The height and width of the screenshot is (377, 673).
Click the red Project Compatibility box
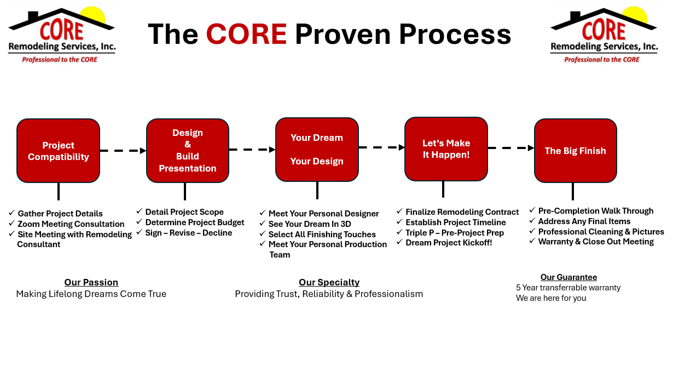tap(58, 151)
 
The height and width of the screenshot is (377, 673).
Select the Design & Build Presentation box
tap(188, 151)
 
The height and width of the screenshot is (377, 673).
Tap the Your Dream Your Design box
tap(317, 150)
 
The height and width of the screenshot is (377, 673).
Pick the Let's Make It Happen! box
tap(446, 148)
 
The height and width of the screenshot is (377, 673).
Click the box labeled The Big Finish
tap(575, 151)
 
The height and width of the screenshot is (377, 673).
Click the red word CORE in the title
tap(246, 34)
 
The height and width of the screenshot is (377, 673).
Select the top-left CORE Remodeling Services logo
tap(61, 35)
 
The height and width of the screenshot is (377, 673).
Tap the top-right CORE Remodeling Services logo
tap(604, 35)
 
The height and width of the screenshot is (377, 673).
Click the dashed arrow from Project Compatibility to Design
tap(123, 151)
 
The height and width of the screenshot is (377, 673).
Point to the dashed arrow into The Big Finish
tap(510, 148)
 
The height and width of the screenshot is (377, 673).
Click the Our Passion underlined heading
tap(91, 283)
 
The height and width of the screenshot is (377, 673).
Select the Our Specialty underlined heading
tap(329, 283)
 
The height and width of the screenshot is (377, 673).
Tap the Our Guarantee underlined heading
tap(568, 277)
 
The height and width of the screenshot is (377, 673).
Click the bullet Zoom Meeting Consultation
tap(71, 224)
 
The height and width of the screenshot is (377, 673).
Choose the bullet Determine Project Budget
tap(195, 222)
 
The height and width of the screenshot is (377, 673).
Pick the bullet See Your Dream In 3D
tap(310, 224)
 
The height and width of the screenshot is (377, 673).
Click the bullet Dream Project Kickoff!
tap(449, 243)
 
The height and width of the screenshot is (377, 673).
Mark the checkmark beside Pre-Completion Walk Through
tap(532, 210)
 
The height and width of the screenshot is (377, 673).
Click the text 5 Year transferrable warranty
tap(568, 288)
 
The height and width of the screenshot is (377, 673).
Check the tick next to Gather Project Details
tap(12, 213)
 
